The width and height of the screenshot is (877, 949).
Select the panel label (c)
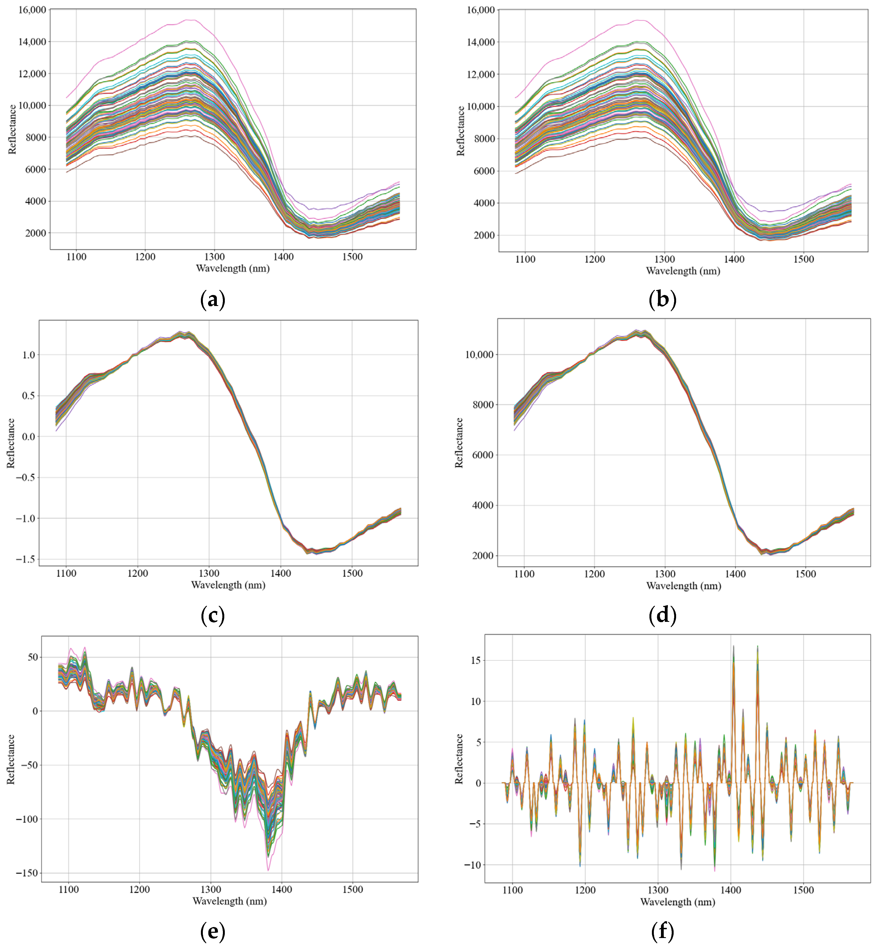coord(213,616)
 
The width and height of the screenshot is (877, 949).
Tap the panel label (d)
coord(662,616)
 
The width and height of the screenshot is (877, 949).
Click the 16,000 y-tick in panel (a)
coord(32,10)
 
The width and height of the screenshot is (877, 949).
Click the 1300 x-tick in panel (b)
coord(664,259)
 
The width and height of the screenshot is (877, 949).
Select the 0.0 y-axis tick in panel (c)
coord(29,437)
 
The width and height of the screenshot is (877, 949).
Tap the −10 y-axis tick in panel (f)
coord(473,865)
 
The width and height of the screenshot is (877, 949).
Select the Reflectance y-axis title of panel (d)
coord(459,443)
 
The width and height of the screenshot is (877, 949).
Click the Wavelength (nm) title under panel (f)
coord(678,902)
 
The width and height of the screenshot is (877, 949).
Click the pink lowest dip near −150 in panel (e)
coord(268,870)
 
